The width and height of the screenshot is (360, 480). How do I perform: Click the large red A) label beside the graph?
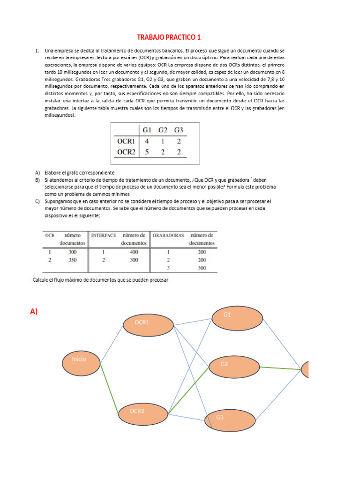coord(34,311)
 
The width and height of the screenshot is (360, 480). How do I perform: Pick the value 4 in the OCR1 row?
coord(147,141)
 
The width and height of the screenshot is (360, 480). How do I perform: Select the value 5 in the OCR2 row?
coord(147,151)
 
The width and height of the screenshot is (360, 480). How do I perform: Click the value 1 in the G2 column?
coord(163,141)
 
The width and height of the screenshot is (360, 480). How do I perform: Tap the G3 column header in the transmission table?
coord(179,129)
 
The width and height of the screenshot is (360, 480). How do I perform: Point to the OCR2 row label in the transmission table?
coord(126,151)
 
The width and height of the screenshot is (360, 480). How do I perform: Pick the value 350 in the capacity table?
coord(72,259)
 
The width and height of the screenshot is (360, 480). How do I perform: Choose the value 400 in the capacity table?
coord(134,252)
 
